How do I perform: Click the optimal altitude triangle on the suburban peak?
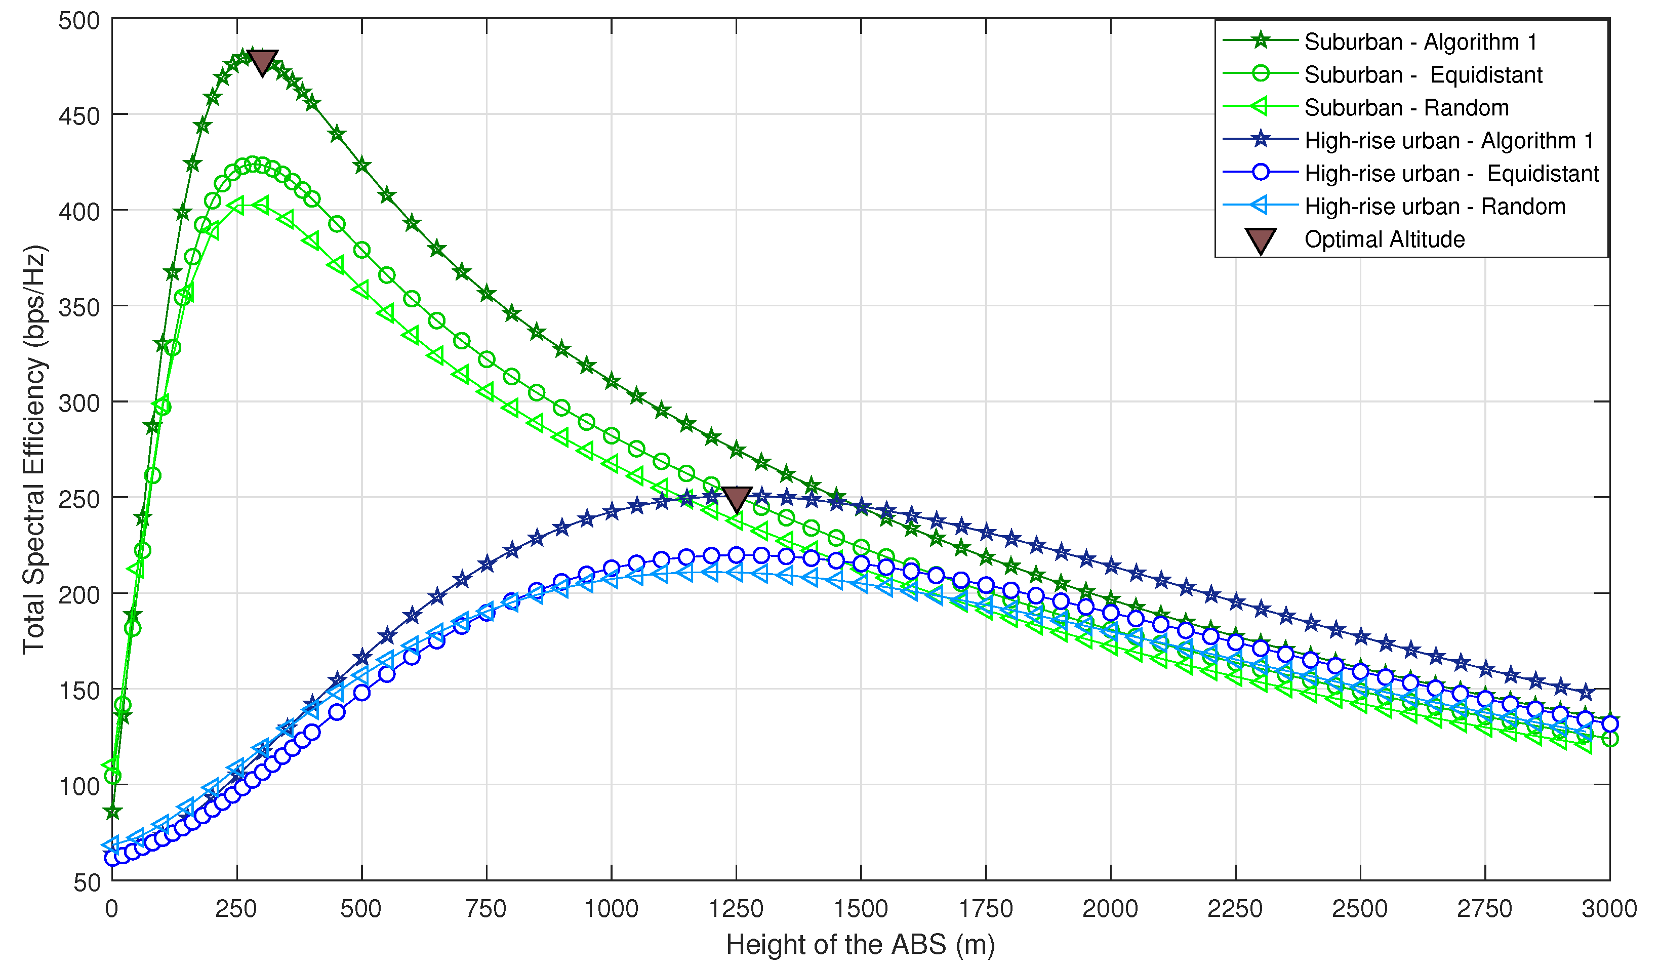[262, 62]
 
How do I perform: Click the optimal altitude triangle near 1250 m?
[737, 499]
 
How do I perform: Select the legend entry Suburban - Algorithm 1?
[1420, 42]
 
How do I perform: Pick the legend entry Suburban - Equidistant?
[1423, 74]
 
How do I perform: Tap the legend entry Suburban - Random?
[1406, 107]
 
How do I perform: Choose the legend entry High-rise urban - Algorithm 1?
[1448, 140]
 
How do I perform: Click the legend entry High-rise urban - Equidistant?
[1451, 173]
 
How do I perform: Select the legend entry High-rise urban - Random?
[1434, 206]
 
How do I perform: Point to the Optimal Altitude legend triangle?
[1260, 240]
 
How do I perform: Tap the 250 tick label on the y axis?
[78, 499]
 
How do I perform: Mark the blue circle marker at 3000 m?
[1609, 723]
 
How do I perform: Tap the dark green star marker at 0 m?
[113, 813]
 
